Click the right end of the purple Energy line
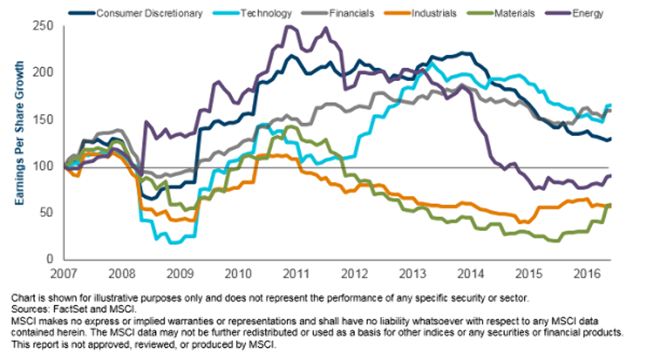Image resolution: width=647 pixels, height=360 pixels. coord(611,176)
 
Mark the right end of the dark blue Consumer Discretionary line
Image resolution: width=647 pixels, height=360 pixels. coord(611,139)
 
